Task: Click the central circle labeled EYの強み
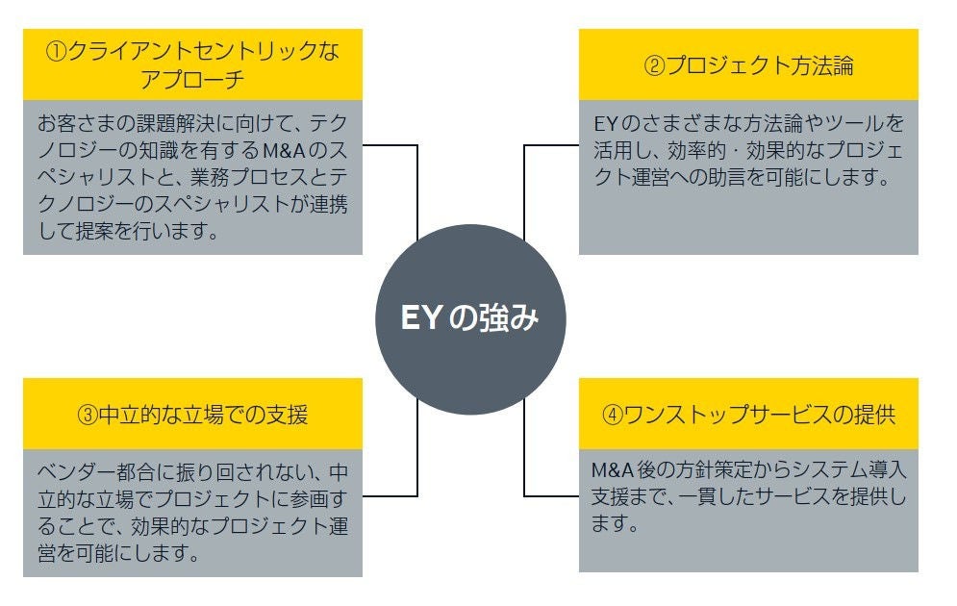(x=470, y=318)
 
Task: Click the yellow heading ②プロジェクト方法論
(x=748, y=65)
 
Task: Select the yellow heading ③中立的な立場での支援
(x=192, y=415)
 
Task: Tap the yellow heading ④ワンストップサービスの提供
(x=748, y=415)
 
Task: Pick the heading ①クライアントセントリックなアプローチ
(x=192, y=64)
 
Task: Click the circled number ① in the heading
(x=56, y=51)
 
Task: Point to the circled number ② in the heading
(x=653, y=66)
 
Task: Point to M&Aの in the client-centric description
(x=294, y=151)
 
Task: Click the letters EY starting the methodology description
(x=604, y=124)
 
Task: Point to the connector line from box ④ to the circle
(x=525, y=462)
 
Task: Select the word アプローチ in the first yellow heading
(x=192, y=79)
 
